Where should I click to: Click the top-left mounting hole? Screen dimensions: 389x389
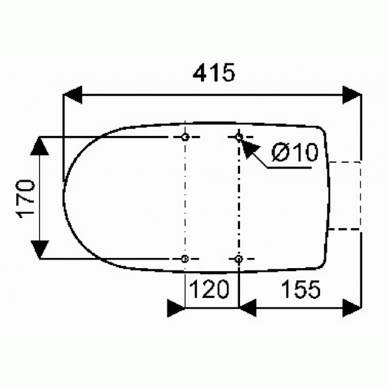point(185,138)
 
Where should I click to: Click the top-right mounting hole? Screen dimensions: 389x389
point(239,138)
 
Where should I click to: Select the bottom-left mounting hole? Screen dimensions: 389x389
point(185,259)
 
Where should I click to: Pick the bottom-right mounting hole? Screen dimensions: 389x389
point(239,259)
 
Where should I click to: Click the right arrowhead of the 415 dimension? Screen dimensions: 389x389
point(352,95)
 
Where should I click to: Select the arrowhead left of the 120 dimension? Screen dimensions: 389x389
point(176,309)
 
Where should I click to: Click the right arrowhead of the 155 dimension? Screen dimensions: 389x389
point(353,309)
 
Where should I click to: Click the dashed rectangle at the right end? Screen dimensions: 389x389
point(345,195)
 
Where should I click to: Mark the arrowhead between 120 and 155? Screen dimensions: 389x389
point(248,309)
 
